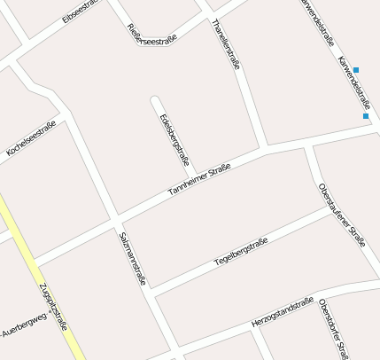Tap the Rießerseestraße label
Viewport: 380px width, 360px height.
tap(152, 33)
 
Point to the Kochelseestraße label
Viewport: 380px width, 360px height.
tap(31, 139)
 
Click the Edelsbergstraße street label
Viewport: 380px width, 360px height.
tap(174, 140)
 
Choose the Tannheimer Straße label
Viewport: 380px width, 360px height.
tap(199, 181)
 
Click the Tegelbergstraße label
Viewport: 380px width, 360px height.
tap(241, 253)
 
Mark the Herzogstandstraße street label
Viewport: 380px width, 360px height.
tap(283, 311)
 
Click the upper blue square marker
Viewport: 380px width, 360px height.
tap(356, 70)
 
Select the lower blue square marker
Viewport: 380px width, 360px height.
tap(365, 115)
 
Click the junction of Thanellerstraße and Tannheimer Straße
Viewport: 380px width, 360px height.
tap(267, 148)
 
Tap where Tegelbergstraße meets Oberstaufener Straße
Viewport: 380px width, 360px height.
tap(330, 210)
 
